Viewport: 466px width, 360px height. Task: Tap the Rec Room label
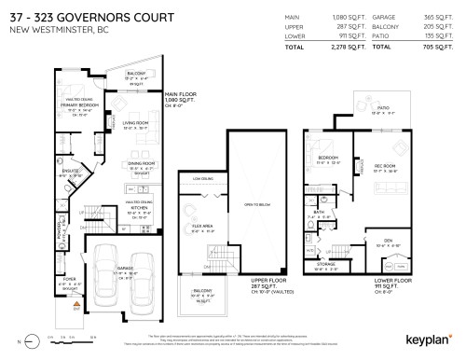tap(386, 167)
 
